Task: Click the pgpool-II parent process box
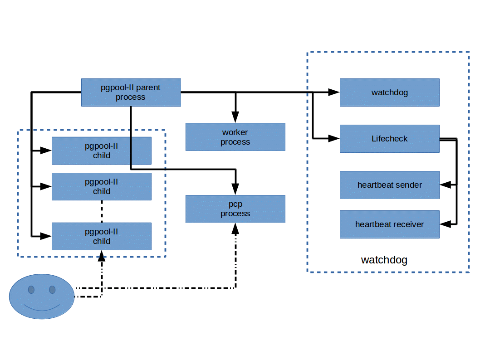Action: tap(131, 92)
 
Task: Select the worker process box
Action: tap(235, 137)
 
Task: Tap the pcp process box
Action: tap(235, 209)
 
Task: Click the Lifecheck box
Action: tap(390, 139)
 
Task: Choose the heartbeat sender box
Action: tap(390, 185)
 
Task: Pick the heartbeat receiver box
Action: tap(390, 224)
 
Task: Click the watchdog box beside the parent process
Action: tap(390, 92)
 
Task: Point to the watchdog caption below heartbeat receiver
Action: tap(384, 260)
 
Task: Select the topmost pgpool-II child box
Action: tap(102, 151)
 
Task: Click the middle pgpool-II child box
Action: tap(102, 186)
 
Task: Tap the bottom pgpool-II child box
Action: tap(102, 236)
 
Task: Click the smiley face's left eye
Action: tap(31, 289)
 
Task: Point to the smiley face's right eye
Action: tap(52, 289)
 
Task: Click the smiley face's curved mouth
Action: tap(42, 308)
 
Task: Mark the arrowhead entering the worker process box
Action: tap(235, 118)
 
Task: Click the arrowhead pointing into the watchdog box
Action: tap(334, 92)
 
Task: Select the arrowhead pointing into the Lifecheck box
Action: tap(334, 138)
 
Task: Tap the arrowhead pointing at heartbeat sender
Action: tap(445, 185)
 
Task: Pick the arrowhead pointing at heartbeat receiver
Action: tap(445, 224)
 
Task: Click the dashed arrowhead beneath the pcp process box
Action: tap(235, 229)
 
